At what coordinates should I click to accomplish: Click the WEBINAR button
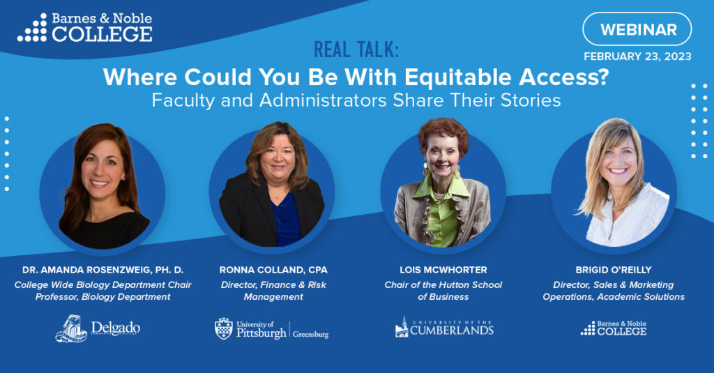pyautogui.click(x=637, y=29)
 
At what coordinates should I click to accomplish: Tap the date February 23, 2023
pyautogui.click(x=637, y=56)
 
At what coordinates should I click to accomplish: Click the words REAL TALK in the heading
pyautogui.click(x=356, y=50)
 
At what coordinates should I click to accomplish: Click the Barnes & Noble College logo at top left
pyautogui.click(x=85, y=28)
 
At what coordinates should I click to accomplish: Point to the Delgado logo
pyautogui.click(x=98, y=328)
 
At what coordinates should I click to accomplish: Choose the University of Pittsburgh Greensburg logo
pyautogui.click(x=271, y=329)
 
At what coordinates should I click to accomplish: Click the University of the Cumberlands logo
pyautogui.click(x=444, y=328)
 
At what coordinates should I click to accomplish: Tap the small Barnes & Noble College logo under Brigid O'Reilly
pyautogui.click(x=614, y=328)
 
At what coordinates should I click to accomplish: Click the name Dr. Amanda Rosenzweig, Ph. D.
pyautogui.click(x=103, y=270)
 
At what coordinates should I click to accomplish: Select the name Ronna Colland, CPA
pyautogui.click(x=273, y=270)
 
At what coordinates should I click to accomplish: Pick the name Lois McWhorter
pyautogui.click(x=443, y=270)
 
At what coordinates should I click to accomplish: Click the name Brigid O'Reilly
pyautogui.click(x=614, y=270)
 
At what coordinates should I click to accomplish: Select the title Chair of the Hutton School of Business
pyautogui.click(x=443, y=291)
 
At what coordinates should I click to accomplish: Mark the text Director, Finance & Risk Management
pyautogui.click(x=273, y=291)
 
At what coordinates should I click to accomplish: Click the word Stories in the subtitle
pyautogui.click(x=531, y=100)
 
